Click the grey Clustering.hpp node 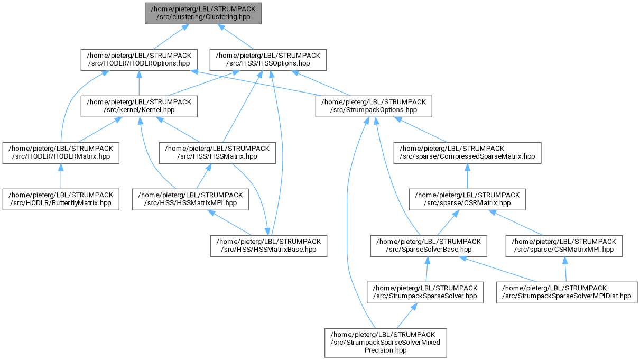click(203, 13)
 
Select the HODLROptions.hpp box click(139, 60)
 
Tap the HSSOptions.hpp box click(268, 60)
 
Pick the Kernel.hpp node click(139, 106)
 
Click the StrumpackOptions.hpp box click(374, 106)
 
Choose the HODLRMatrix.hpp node click(61, 153)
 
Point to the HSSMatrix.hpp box click(217, 153)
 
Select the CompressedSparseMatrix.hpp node click(467, 153)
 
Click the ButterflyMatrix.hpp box click(61, 199)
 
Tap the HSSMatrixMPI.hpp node click(191, 199)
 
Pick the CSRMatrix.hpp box click(467, 199)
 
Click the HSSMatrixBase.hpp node click(269, 246)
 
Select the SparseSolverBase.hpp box click(429, 246)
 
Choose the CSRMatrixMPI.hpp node click(564, 246)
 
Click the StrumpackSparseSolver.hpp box click(425, 292)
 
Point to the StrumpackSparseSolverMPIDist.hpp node click(567, 292)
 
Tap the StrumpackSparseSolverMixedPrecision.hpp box click(386, 343)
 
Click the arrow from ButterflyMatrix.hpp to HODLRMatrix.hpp click(61, 176)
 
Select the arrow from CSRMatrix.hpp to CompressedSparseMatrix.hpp click(467, 176)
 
